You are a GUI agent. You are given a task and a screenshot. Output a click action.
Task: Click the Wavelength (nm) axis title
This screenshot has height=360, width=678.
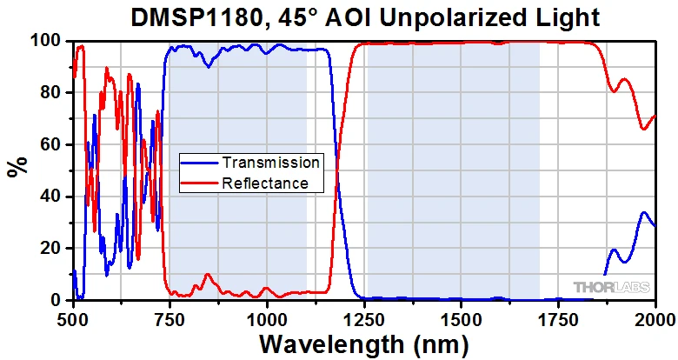364,343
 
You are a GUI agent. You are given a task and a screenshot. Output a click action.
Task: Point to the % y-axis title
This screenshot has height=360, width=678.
15,165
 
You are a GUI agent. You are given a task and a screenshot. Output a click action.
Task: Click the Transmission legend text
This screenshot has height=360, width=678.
270,162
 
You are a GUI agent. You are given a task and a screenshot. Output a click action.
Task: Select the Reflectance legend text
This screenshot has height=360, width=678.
265,183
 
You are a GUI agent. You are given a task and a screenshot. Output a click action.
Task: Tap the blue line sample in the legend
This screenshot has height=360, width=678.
199,163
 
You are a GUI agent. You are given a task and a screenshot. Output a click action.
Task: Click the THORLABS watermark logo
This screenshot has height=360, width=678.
610,286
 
